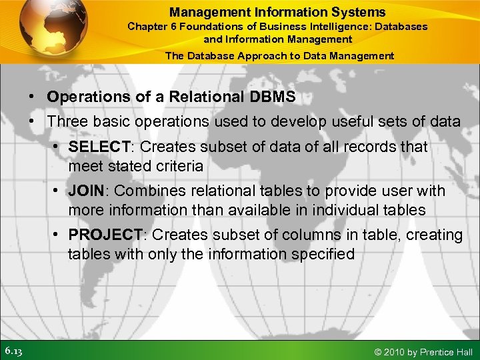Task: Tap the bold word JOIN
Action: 86,191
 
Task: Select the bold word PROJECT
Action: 105,235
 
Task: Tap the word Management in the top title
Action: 199,12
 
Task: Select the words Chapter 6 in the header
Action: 150,27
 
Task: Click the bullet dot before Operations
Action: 33,97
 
